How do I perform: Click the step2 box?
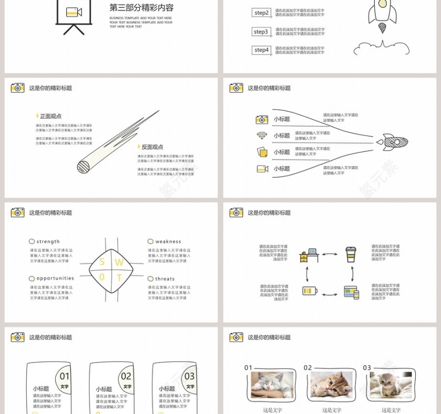point(261,13)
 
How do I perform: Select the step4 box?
point(261,50)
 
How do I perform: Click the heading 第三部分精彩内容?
point(141,8)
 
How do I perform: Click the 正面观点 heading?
point(50,116)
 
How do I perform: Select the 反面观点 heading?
point(152,147)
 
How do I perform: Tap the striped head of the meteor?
point(84,167)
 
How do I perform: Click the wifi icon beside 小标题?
point(261,136)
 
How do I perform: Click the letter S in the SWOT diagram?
point(102,262)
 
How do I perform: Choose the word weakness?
point(168,242)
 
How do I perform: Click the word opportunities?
point(55,278)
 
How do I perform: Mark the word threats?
point(165,279)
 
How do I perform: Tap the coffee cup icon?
point(351,254)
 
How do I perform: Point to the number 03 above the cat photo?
point(367,368)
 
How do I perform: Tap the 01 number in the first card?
point(64,376)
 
